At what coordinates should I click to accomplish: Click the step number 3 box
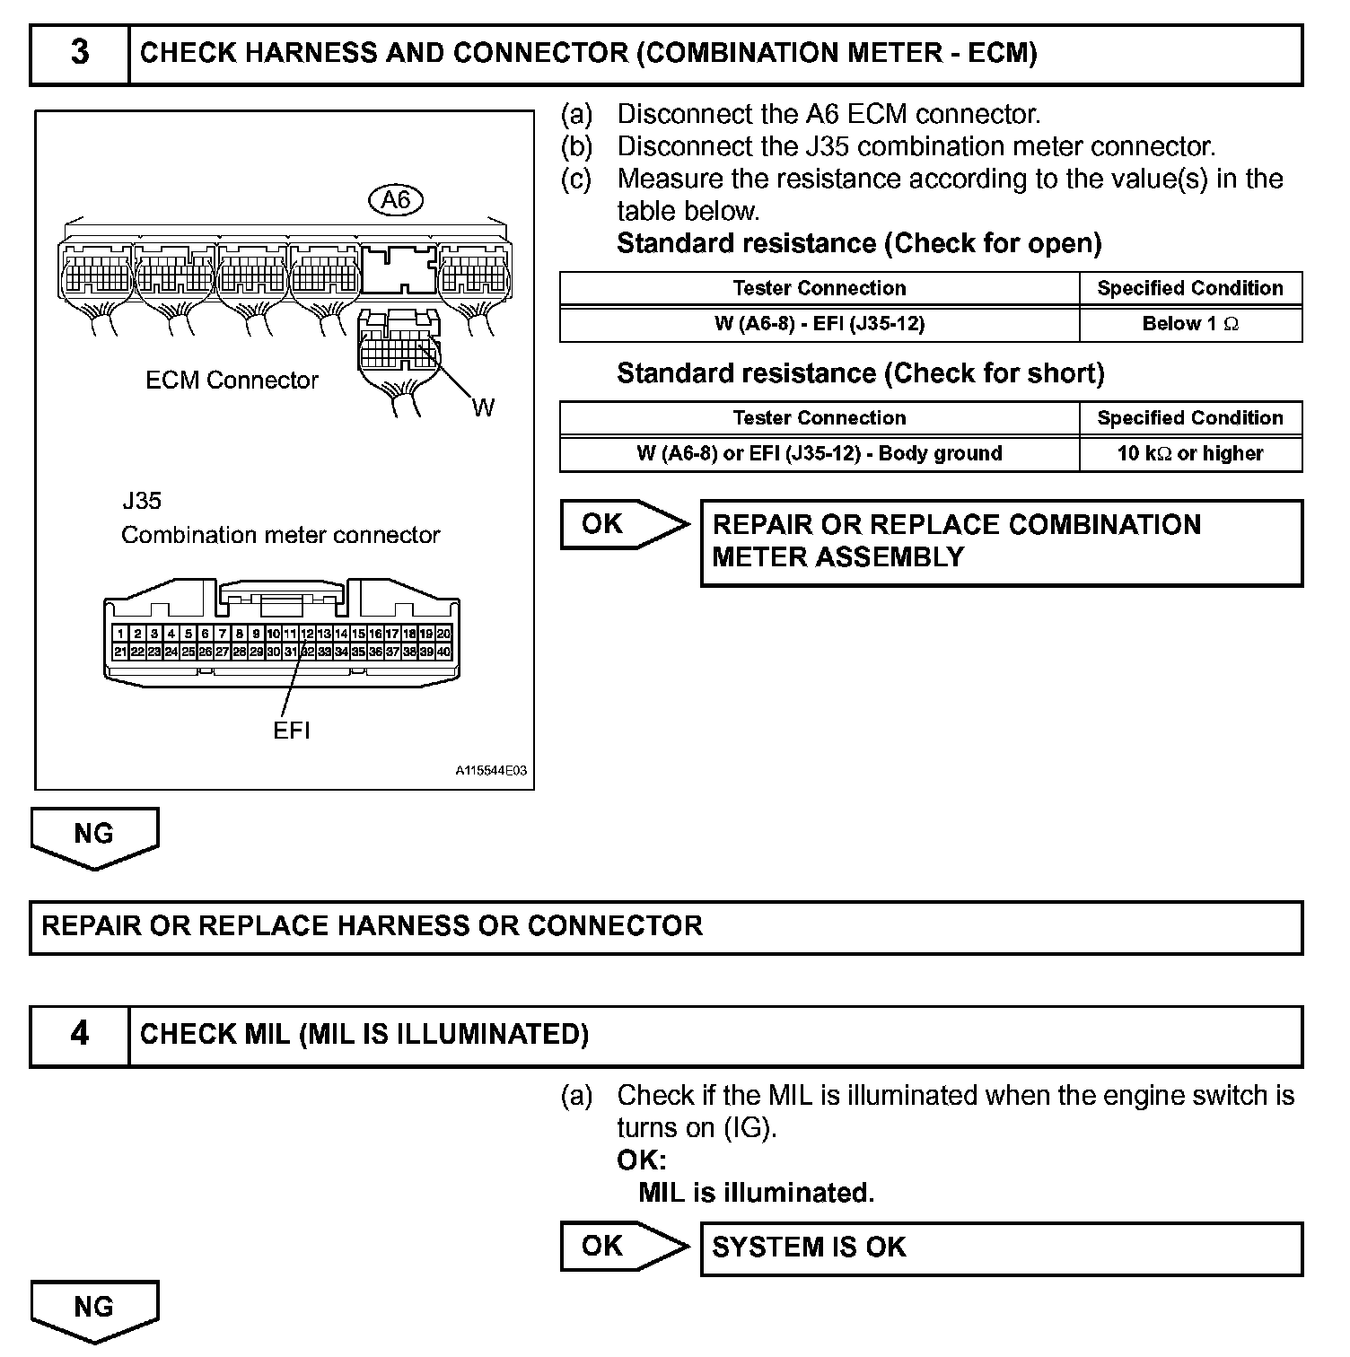[x=80, y=54]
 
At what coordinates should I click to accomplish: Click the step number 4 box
[x=80, y=1035]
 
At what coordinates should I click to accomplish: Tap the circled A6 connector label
[x=395, y=199]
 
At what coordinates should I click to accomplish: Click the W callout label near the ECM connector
[x=483, y=408]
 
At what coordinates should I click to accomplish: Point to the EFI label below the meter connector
[x=292, y=731]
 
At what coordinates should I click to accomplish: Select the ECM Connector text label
[x=232, y=381]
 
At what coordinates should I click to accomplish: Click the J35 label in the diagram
[x=142, y=501]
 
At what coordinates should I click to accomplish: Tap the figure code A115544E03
[x=490, y=771]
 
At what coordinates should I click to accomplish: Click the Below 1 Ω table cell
[x=1190, y=324]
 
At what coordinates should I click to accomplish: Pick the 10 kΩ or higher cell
[x=1190, y=454]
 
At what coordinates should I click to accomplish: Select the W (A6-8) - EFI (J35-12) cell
[x=819, y=324]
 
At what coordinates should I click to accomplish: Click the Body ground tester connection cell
[x=819, y=454]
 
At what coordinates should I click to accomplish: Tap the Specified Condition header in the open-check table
[x=1190, y=288]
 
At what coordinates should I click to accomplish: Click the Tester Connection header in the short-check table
[x=819, y=418]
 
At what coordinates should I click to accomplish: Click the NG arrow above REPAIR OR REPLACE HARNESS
[x=94, y=836]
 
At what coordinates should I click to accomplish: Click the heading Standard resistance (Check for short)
[x=860, y=373]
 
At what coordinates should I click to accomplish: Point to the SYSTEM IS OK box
[x=1001, y=1248]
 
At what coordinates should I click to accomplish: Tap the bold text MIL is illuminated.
[x=756, y=1193]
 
